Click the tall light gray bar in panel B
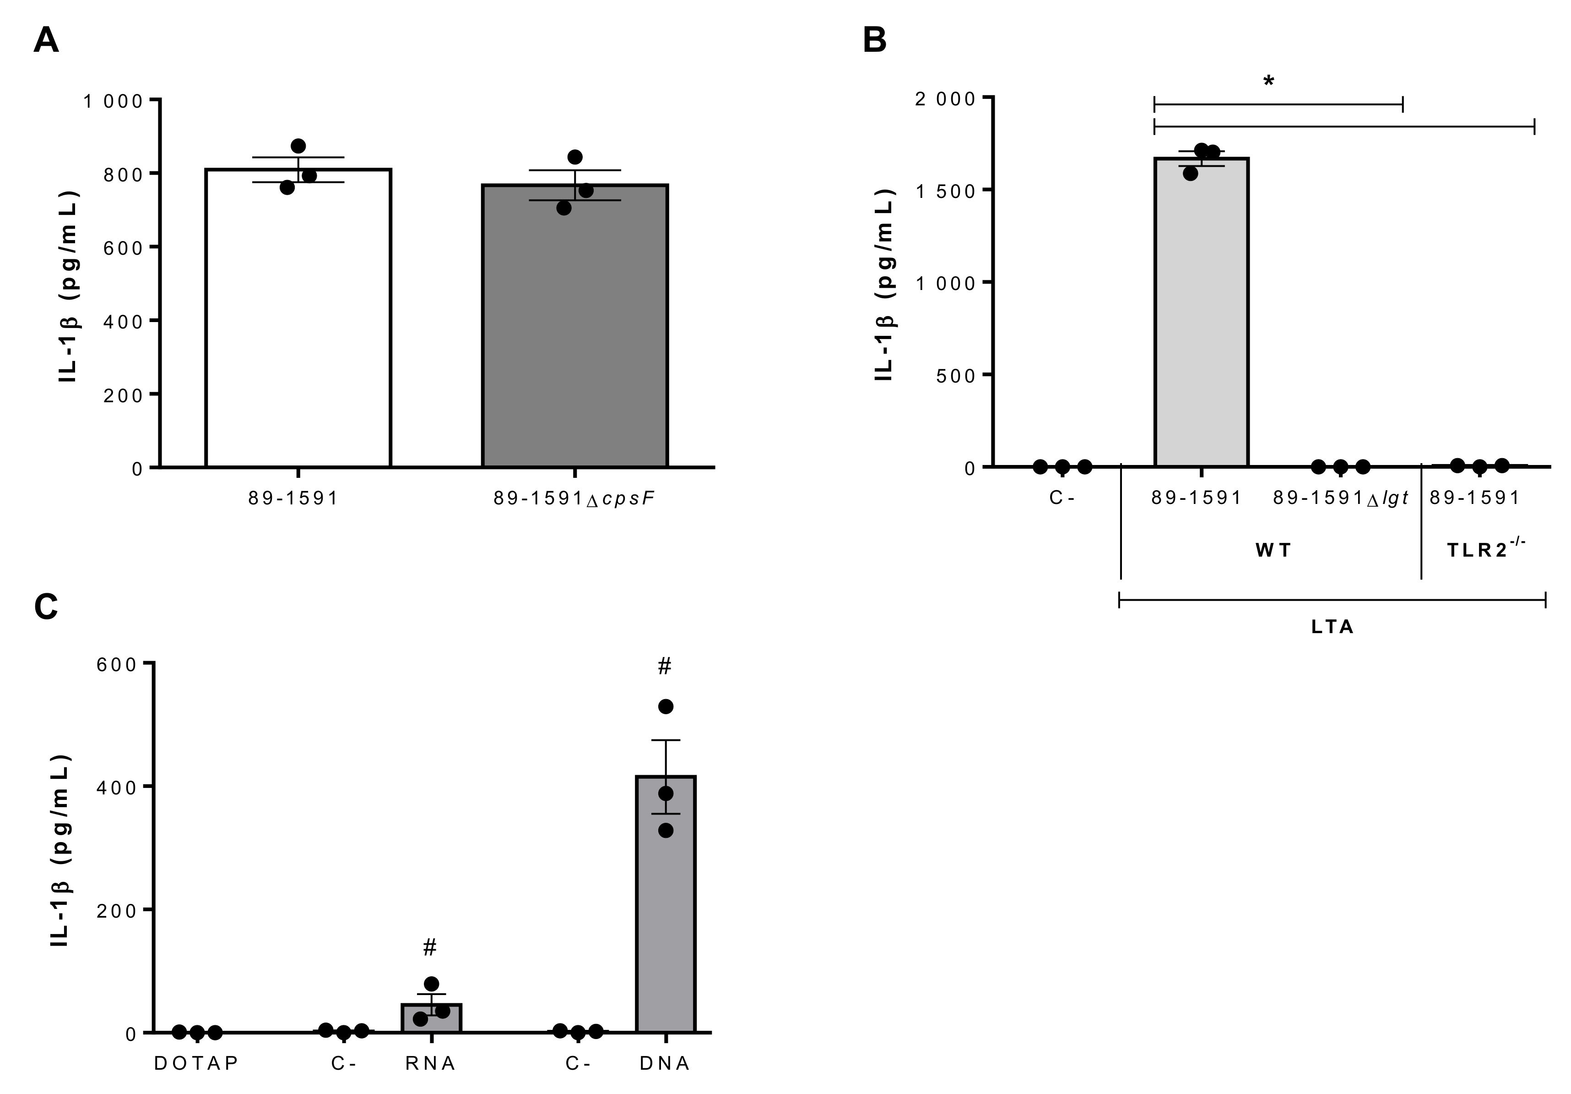[x=1202, y=315]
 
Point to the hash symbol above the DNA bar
[x=664, y=666]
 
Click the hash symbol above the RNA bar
[x=430, y=948]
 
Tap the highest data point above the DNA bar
[x=665, y=706]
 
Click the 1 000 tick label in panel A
[x=114, y=101]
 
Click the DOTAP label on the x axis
[x=196, y=1063]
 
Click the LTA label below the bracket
[x=1332, y=627]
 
